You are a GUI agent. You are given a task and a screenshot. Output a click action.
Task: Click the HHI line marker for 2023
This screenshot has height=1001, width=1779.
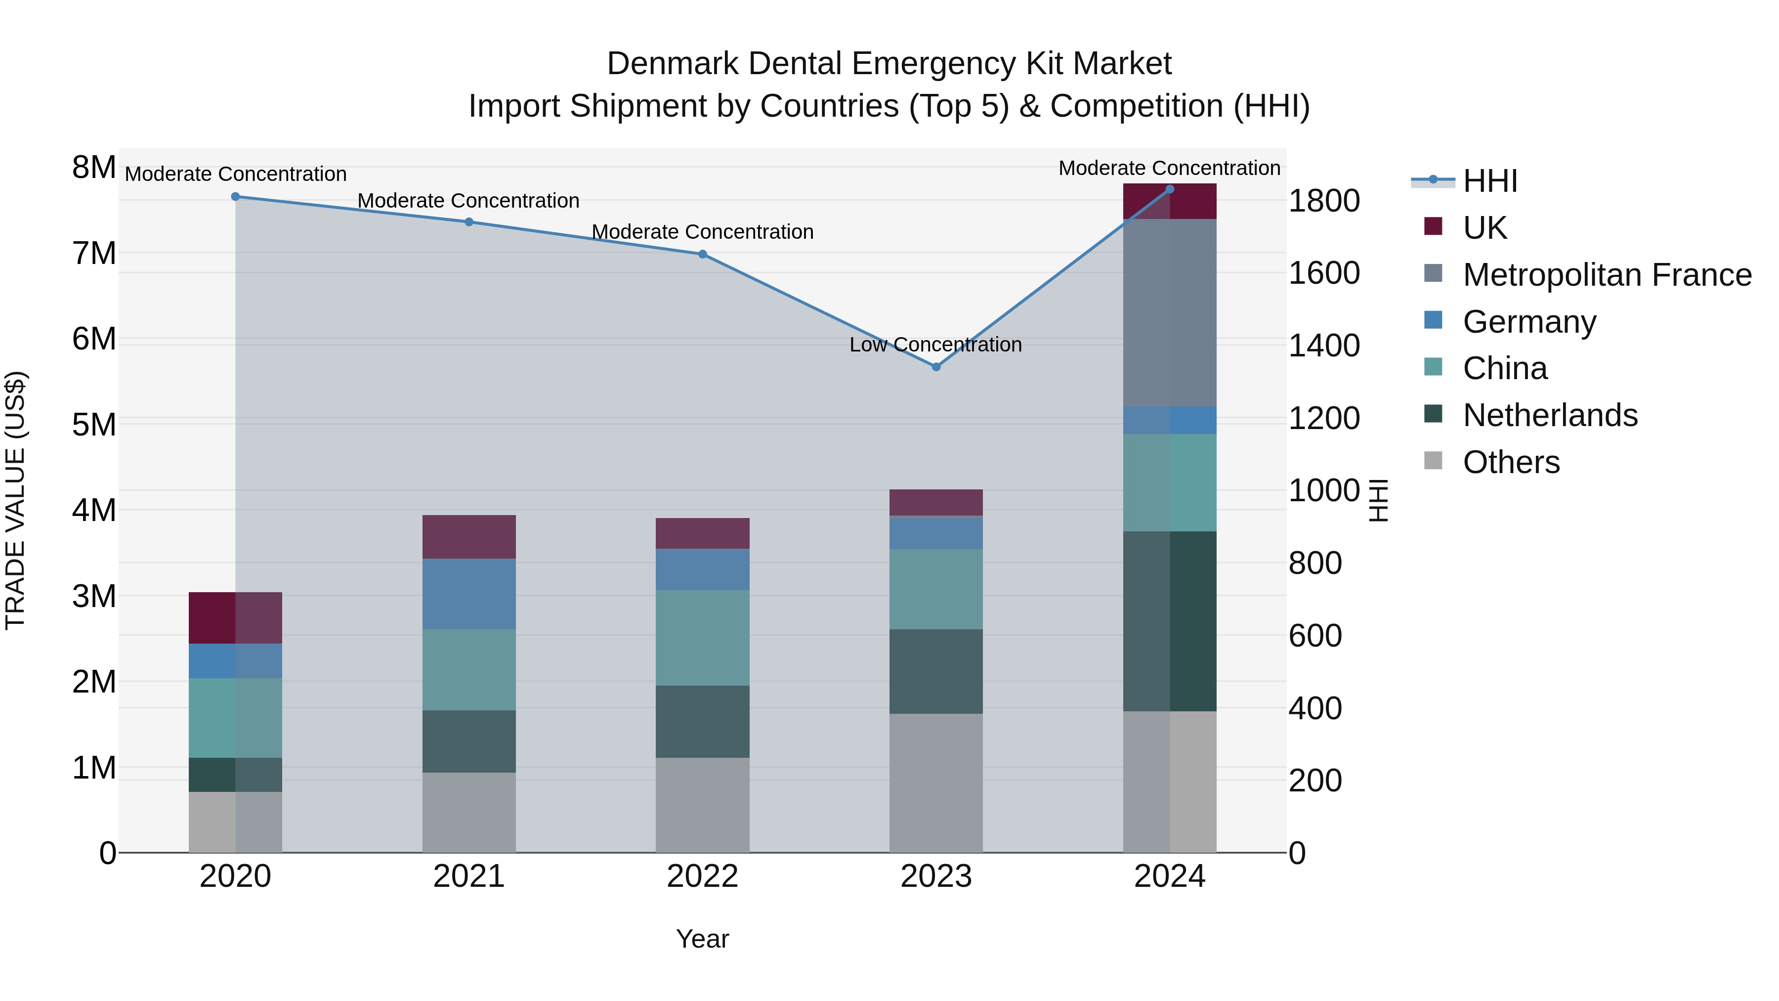click(x=936, y=367)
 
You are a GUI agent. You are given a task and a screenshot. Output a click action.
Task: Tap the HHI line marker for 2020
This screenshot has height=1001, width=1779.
click(x=236, y=197)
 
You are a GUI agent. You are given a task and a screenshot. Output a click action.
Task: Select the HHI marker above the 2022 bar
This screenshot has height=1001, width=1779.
click(x=702, y=254)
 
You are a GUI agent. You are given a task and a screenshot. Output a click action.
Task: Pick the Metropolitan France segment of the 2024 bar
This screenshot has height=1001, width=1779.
click(x=1169, y=313)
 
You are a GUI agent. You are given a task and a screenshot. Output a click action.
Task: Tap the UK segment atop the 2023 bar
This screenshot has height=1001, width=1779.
click(x=936, y=502)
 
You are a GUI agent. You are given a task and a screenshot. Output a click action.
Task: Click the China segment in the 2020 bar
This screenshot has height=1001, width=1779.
click(x=236, y=718)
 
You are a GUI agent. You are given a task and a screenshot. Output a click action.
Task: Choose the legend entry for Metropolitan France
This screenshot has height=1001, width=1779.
click(x=1607, y=275)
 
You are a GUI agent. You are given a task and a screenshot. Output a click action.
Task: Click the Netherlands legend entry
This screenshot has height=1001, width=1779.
click(x=1550, y=415)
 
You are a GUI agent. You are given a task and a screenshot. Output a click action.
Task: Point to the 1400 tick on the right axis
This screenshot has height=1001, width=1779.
click(x=1323, y=346)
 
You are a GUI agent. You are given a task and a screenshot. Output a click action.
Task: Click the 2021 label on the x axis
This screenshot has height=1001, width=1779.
click(x=469, y=876)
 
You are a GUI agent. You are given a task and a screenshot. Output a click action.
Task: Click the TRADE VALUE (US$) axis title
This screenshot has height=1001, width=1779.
click(x=15, y=500)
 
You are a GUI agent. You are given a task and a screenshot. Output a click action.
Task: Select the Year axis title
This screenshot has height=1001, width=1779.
click(x=702, y=939)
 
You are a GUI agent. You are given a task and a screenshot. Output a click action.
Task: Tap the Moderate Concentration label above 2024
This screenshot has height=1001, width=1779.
click(x=1169, y=169)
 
